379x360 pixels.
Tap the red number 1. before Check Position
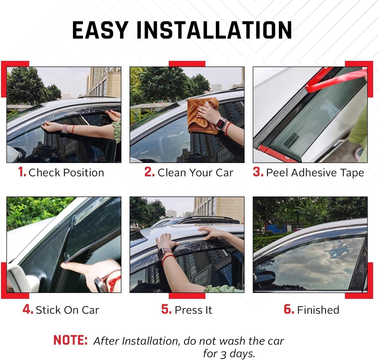tap(22, 172)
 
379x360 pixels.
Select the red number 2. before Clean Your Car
tap(149, 172)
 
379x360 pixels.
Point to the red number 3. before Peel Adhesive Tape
tap(258, 172)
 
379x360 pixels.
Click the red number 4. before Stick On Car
tap(28, 309)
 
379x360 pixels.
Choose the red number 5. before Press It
tap(166, 309)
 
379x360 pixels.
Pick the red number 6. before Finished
tap(289, 309)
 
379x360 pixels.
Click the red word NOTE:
tap(70, 340)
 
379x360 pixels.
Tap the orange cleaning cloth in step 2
tap(199, 115)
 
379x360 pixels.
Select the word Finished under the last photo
tap(318, 310)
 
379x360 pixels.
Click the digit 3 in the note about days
tap(223, 354)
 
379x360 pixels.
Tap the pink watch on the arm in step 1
tap(64, 129)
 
